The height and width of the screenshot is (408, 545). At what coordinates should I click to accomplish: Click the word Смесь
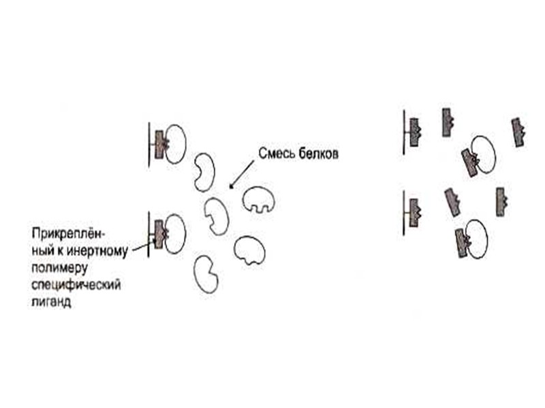click(272, 154)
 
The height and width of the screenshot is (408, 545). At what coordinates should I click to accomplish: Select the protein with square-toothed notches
click(260, 199)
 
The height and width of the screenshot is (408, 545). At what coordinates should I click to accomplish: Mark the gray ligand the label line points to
click(160, 234)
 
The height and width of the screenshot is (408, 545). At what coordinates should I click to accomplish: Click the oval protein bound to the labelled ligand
click(175, 234)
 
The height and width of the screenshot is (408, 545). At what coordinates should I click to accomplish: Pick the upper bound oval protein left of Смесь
click(175, 143)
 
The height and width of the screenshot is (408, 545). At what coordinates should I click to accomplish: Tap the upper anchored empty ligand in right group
click(414, 132)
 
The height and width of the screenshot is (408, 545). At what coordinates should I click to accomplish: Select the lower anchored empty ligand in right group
click(414, 213)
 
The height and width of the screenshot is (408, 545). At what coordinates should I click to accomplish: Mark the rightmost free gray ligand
click(518, 132)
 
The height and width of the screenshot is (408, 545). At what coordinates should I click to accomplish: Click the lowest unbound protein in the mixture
click(206, 275)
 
